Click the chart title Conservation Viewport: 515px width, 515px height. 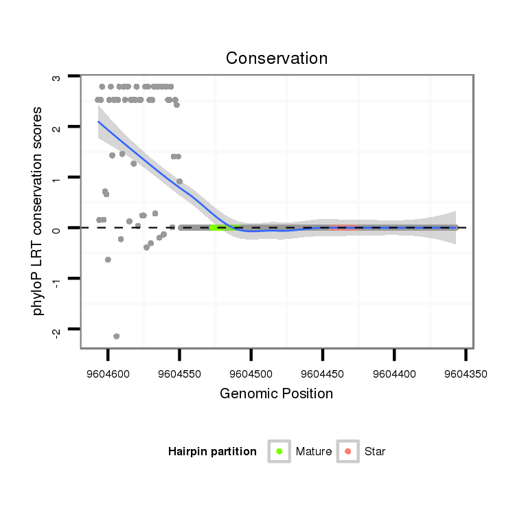point(277,58)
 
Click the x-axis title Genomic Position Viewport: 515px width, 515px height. point(276,393)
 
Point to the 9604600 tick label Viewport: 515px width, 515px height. point(108,375)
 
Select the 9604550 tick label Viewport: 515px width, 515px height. point(179,375)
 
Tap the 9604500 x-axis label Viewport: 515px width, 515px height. point(251,375)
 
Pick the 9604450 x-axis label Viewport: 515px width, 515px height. point(322,375)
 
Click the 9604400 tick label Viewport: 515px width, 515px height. point(394,375)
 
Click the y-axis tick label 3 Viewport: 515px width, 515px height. point(56,77)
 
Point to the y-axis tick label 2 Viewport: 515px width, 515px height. point(56,128)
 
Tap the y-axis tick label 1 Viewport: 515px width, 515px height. point(56,179)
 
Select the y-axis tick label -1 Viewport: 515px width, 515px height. point(56,279)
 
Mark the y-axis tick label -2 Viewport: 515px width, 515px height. point(56,330)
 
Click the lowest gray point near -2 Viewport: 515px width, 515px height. point(116,336)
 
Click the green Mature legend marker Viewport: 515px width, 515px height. point(279,451)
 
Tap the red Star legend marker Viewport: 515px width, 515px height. point(348,451)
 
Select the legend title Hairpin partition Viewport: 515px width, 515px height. point(212,452)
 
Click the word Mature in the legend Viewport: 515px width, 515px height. point(314,452)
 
